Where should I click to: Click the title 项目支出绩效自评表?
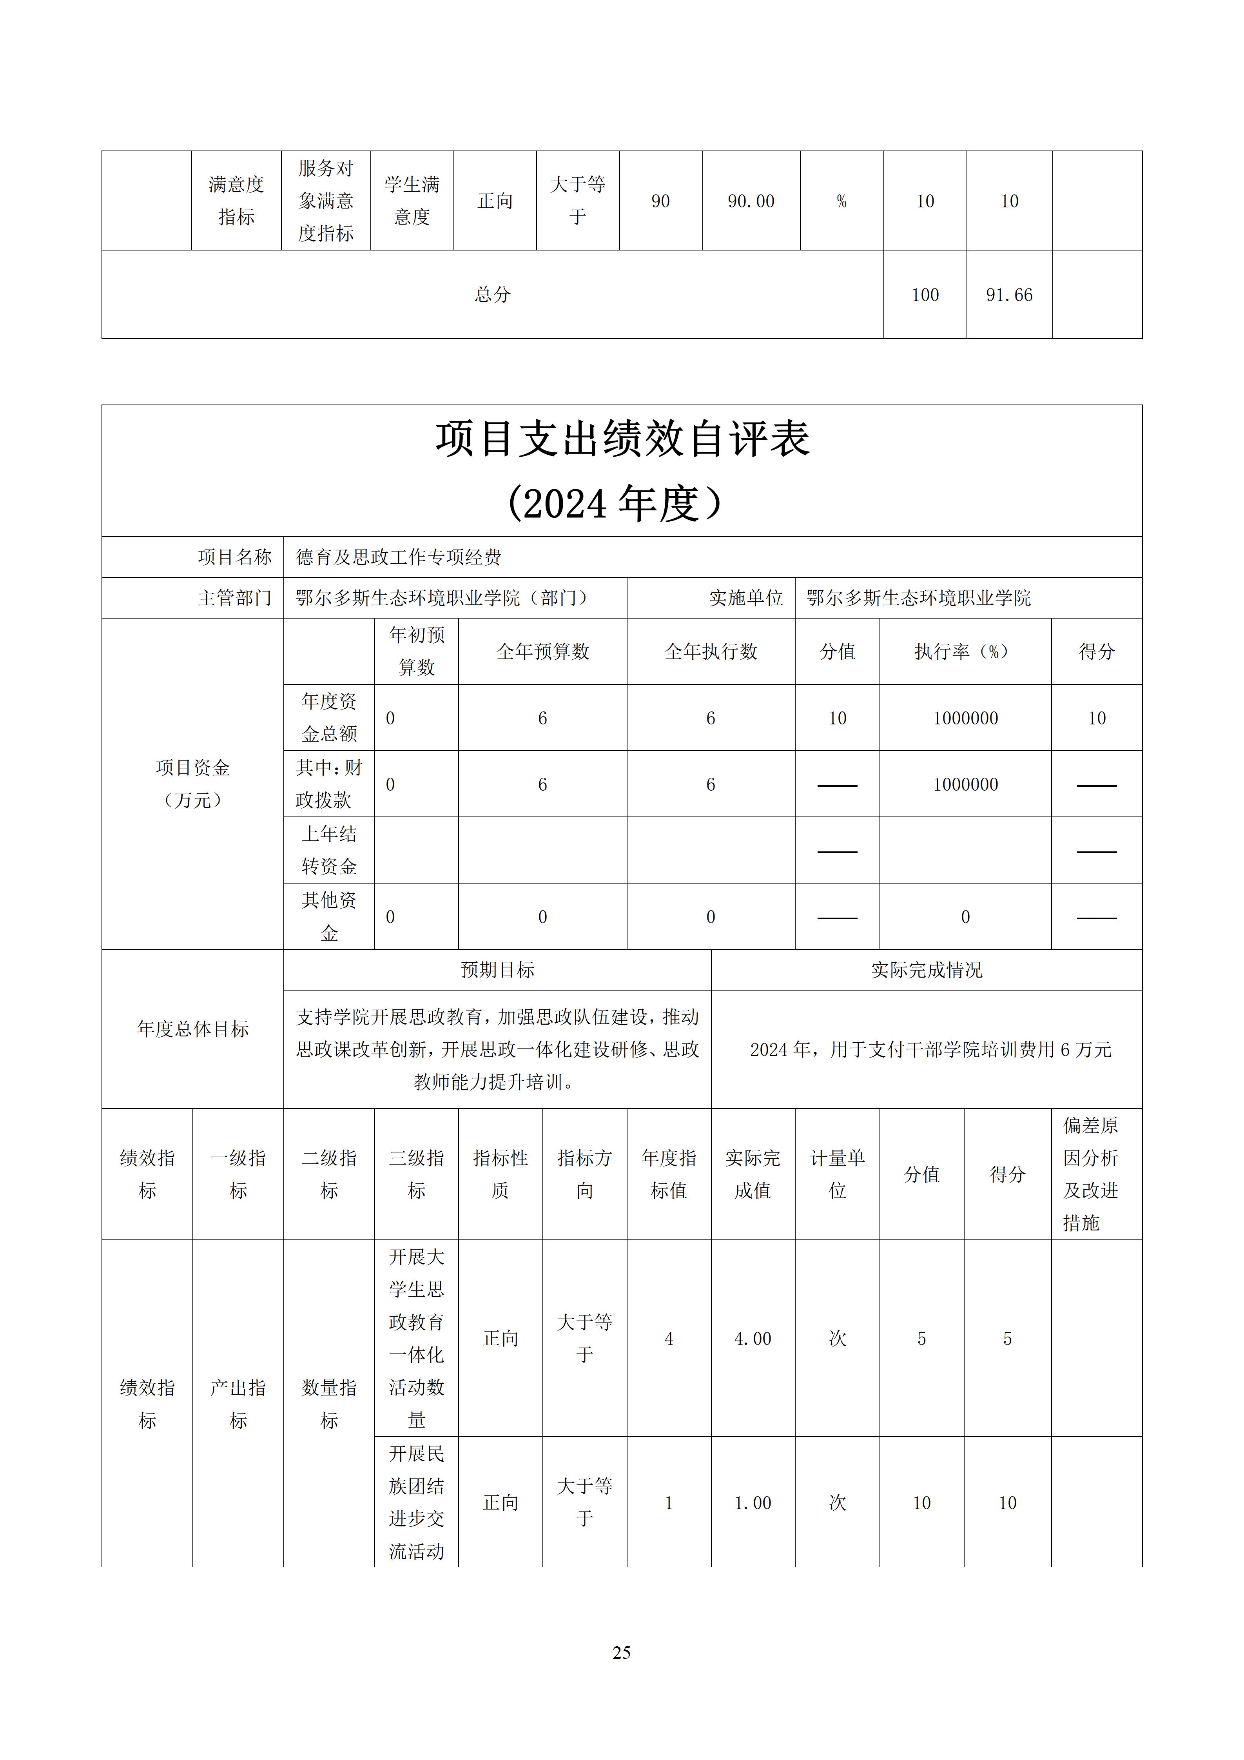click(622, 439)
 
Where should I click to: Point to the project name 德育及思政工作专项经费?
click(399, 557)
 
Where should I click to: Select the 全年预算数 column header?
click(543, 651)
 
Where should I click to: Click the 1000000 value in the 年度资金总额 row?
click(965, 718)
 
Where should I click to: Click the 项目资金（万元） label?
click(192, 784)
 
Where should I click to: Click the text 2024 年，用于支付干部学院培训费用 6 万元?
click(930, 1049)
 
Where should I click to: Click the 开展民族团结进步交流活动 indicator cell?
click(416, 1502)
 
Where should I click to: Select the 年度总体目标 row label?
click(192, 1029)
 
